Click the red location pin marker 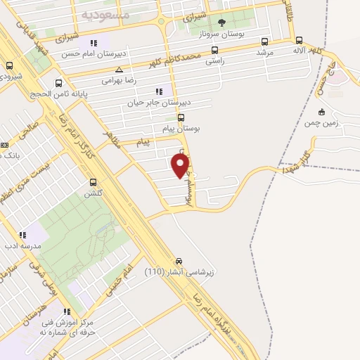[x=181, y=165]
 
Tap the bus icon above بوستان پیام [x=181, y=117]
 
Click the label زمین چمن [x=321, y=123]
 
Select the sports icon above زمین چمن [x=321, y=112]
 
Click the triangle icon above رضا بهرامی [x=120, y=70]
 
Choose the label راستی [x=214, y=61]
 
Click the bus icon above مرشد [x=264, y=41]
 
